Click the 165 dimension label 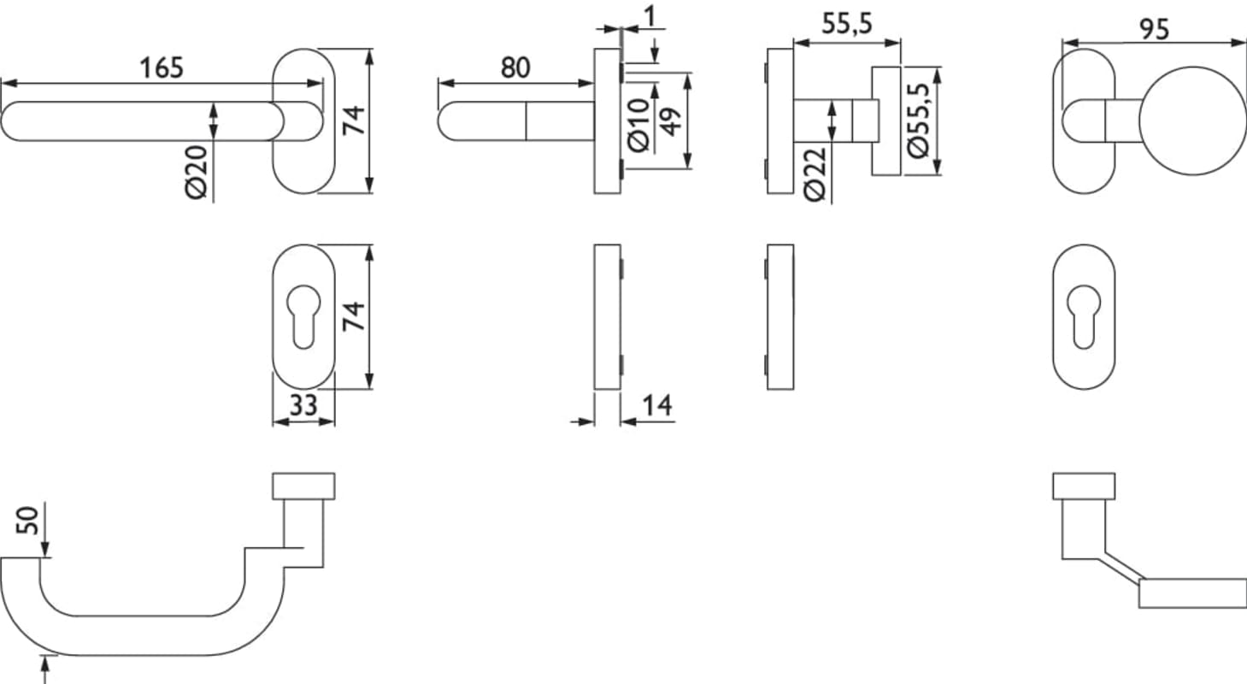point(161,68)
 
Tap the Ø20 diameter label point(197,172)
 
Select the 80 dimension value point(515,68)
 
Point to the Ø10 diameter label point(638,126)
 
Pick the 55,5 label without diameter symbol point(847,24)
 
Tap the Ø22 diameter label point(815,174)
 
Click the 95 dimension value point(1154,30)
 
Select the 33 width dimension point(303,405)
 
